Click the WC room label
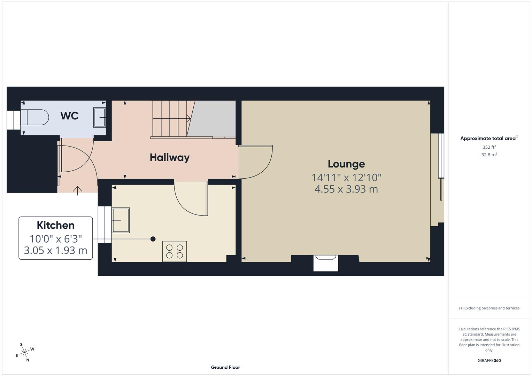[x=69, y=116]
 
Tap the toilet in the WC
[x=34, y=117]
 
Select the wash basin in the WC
[x=100, y=117]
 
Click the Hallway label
[x=170, y=157]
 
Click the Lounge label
[x=346, y=164]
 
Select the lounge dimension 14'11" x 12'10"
[x=346, y=178]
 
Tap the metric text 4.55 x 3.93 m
[x=346, y=189]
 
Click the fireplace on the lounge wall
[x=326, y=263]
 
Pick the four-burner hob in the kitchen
[x=175, y=251]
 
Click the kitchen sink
[x=121, y=220]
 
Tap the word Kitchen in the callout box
[x=56, y=225]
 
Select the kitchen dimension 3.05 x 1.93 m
[x=56, y=250]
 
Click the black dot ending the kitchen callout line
[x=153, y=239]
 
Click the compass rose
[x=24, y=352]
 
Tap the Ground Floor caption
[x=225, y=367]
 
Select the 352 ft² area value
[x=489, y=147]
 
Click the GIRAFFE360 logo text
[x=489, y=361]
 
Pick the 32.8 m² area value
[x=489, y=155]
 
